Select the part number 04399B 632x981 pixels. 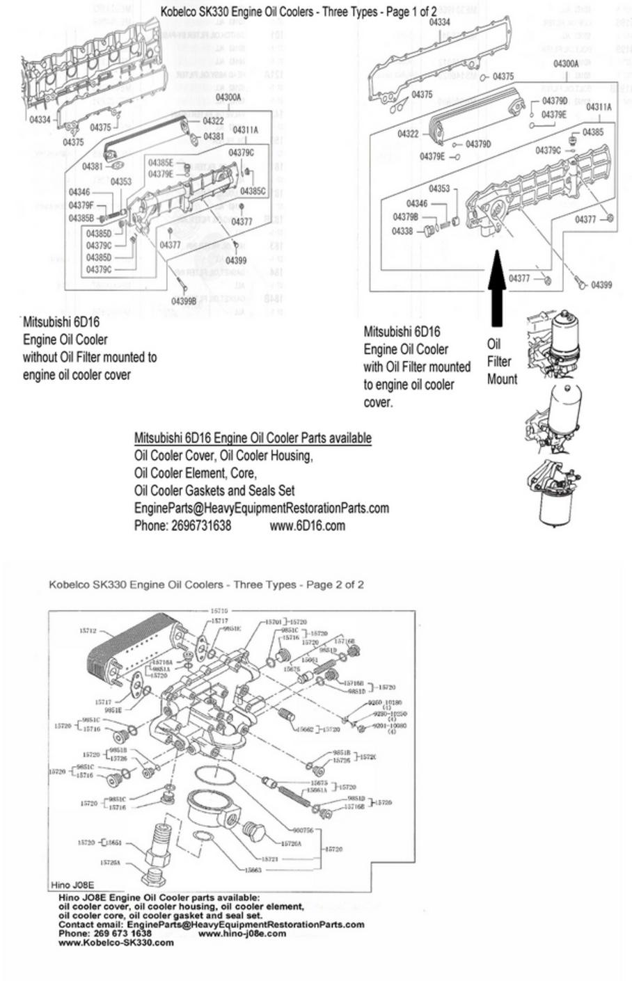tap(183, 301)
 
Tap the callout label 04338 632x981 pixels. tap(402, 231)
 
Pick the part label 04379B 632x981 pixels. tap(406, 217)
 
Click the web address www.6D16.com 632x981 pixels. tap(307, 525)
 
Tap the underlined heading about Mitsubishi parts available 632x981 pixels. tap(252, 438)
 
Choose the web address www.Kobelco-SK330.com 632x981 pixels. tap(116, 943)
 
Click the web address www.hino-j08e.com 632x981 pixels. tap(242, 934)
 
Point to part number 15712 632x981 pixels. tap(87, 630)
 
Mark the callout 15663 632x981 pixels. tap(253, 870)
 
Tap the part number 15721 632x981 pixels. tap(269, 859)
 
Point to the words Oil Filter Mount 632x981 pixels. tap(502, 362)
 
